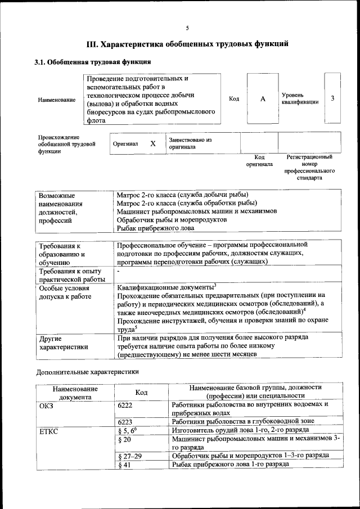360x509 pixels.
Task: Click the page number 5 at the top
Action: click(187, 29)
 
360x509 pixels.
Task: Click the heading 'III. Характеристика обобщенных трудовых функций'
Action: click(187, 43)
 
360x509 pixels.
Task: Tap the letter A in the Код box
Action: click(262, 99)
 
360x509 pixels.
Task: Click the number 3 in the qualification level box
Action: click(332, 98)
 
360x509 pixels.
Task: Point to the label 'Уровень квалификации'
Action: click(300, 98)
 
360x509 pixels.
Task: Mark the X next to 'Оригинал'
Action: click(152, 143)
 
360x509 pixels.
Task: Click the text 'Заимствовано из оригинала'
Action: click(190, 143)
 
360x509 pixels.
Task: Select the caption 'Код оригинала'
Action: click(259, 161)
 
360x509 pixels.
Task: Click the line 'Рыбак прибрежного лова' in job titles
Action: click(155, 228)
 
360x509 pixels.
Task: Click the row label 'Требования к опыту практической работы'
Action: click(71, 276)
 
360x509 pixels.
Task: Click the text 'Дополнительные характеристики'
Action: click(87, 372)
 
